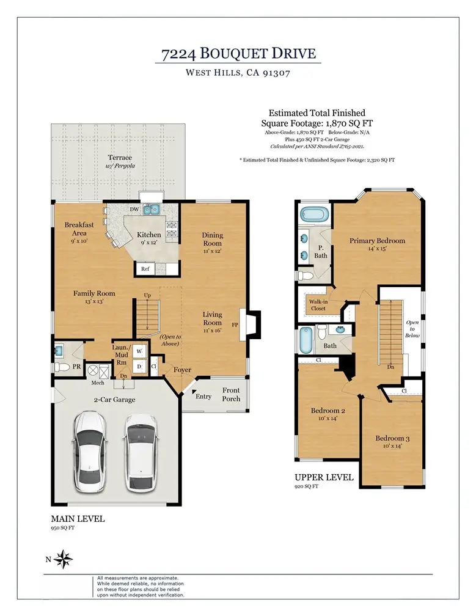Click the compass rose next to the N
coord(63,559)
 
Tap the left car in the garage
coord(90,452)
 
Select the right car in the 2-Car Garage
coord(140,452)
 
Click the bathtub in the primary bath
coord(314,215)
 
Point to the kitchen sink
coord(151,210)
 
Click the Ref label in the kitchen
coord(145,269)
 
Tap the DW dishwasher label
coord(134,210)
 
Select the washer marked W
coord(139,351)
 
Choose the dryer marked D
coord(139,367)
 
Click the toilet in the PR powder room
coord(62,367)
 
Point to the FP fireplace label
coord(235,325)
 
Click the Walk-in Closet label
coord(318,305)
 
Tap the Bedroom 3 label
coord(392,438)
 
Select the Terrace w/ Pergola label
coord(120,161)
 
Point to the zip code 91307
coord(276,73)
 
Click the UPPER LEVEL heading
coord(324,477)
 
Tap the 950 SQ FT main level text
coord(62,528)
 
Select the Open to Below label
coord(412,329)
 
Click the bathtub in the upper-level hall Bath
coord(306,340)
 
